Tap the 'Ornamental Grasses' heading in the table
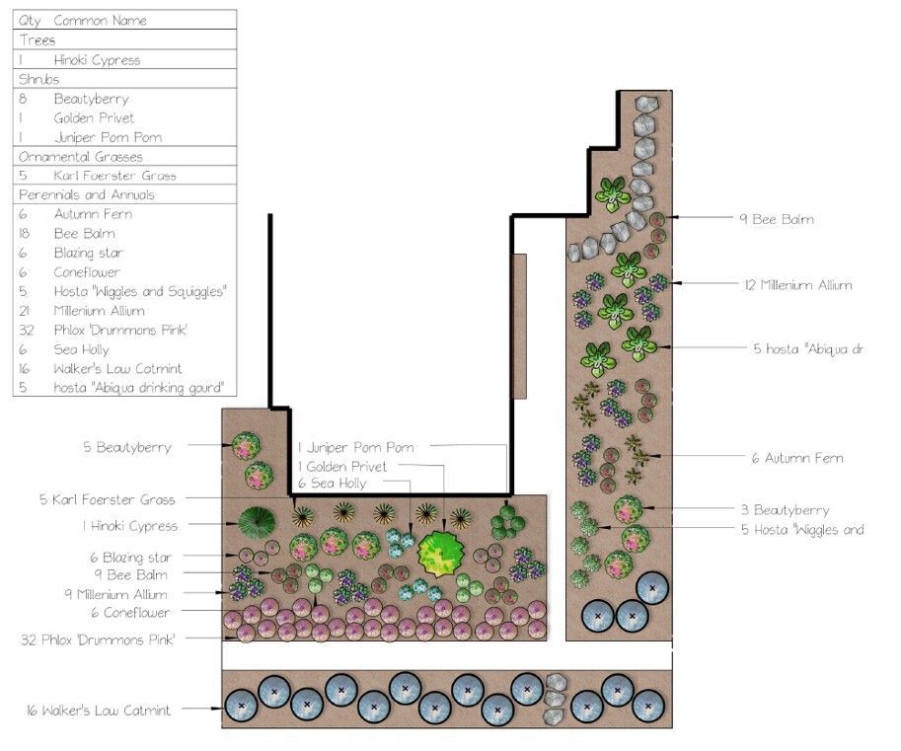tap(80, 156)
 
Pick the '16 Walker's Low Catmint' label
tap(99, 710)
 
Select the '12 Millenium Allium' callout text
tap(799, 284)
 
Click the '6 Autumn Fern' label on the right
tap(796, 458)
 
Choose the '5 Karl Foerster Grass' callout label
tap(108, 499)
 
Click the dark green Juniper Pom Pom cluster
tap(506, 520)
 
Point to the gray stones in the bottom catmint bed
tap(556, 691)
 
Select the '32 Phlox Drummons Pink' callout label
tap(98, 639)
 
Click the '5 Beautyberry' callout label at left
tap(126, 447)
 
